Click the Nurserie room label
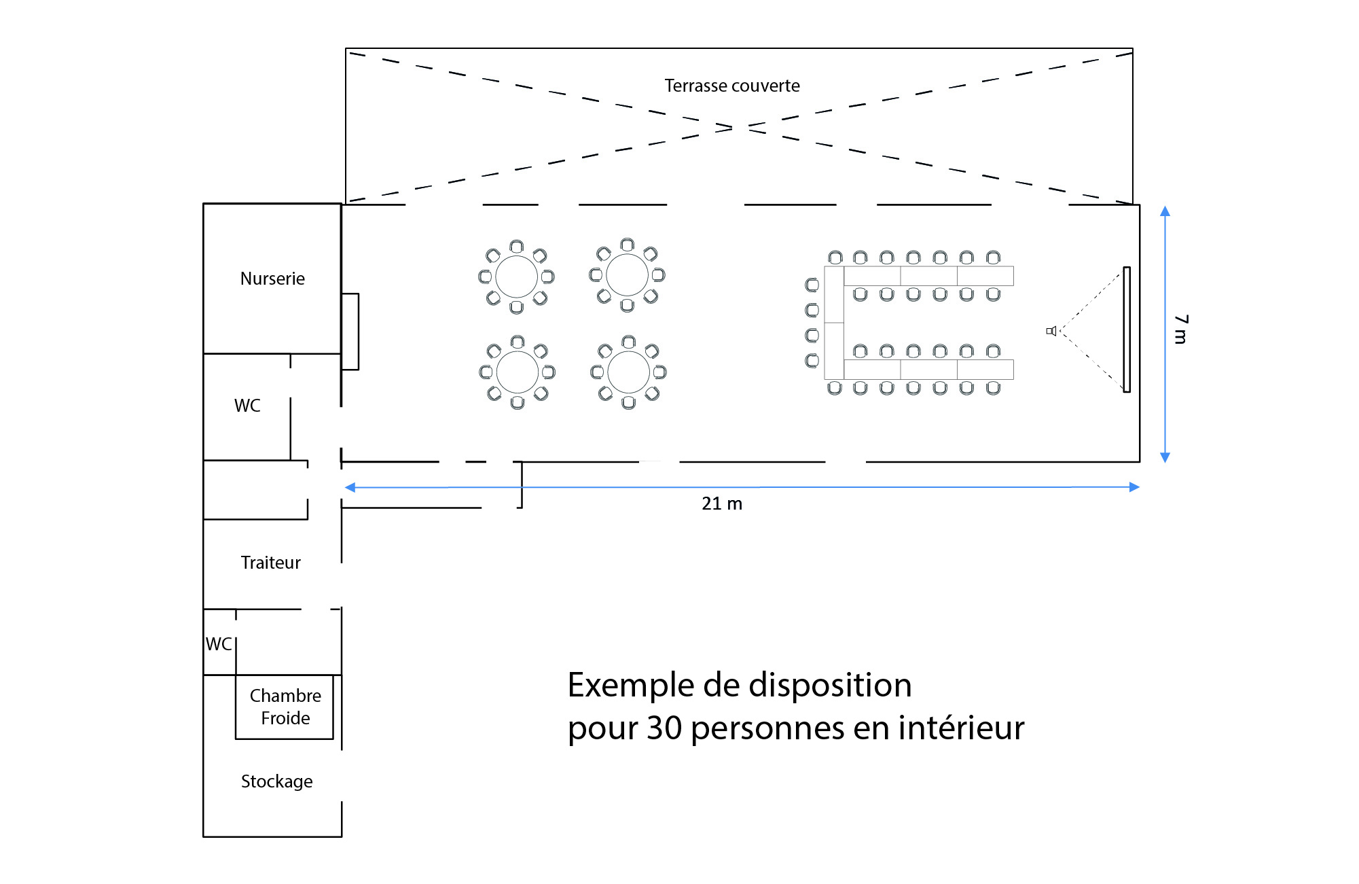pyautogui.click(x=272, y=279)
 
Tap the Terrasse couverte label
pyautogui.click(x=731, y=86)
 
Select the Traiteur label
pyautogui.click(x=270, y=563)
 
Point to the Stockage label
pyautogui.click(x=276, y=781)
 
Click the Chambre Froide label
pyautogui.click(x=285, y=707)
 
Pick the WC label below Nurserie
pyautogui.click(x=247, y=406)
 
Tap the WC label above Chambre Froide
pyautogui.click(x=219, y=644)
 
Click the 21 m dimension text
pyautogui.click(x=721, y=503)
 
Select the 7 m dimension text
pyautogui.click(x=1182, y=329)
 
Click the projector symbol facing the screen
pyautogui.click(x=1051, y=331)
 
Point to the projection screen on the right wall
pyautogui.click(x=1127, y=330)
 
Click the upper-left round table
pyautogui.click(x=516, y=277)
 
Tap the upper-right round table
pyautogui.click(x=627, y=275)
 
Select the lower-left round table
pyautogui.click(x=517, y=372)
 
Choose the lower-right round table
pyautogui.click(x=628, y=372)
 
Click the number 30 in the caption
pyautogui.click(x=664, y=728)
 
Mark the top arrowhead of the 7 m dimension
pyautogui.click(x=1165, y=211)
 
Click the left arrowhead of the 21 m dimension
pyautogui.click(x=350, y=487)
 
